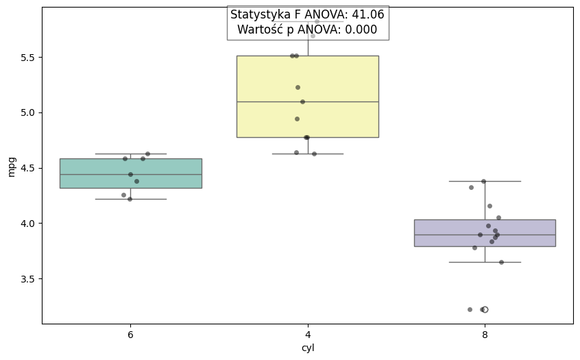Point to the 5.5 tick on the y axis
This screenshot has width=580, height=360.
click(x=27, y=57)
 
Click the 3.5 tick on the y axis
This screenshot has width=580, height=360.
click(x=27, y=279)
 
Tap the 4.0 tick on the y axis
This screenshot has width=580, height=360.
click(x=27, y=224)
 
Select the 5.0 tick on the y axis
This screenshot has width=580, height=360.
click(x=27, y=112)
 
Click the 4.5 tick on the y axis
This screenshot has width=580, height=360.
click(x=27, y=168)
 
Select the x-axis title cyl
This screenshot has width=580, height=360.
click(x=308, y=348)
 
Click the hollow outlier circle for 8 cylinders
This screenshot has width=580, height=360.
click(x=485, y=309)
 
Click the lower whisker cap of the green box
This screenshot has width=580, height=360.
click(x=130, y=199)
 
